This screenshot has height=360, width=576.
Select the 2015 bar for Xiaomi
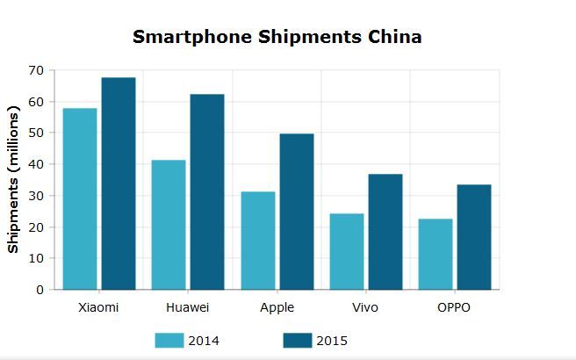click(x=119, y=184)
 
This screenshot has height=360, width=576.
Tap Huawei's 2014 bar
click(x=168, y=225)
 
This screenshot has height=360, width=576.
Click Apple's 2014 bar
click(x=257, y=241)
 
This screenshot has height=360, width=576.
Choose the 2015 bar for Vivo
click(x=385, y=232)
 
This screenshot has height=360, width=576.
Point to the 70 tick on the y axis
click(x=35, y=69)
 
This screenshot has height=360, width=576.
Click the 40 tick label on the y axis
click(x=35, y=164)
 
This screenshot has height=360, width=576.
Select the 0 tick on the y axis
click(x=39, y=290)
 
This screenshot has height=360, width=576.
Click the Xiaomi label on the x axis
click(x=98, y=308)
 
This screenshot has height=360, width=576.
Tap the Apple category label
click(x=277, y=308)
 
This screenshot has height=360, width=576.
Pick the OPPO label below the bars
click(x=454, y=308)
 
